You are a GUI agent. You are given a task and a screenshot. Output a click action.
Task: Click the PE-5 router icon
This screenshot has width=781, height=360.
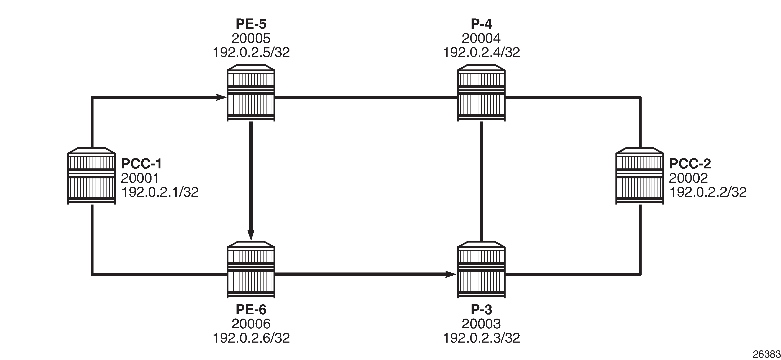pyautogui.click(x=251, y=93)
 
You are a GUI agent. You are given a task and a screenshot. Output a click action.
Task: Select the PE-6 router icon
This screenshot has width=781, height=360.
pyautogui.click(x=251, y=270)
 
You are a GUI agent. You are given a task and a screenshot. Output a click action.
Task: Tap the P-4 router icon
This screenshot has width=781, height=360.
pyautogui.click(x=481, y=93)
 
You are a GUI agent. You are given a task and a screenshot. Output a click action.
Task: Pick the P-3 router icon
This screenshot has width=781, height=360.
pyautogui.click(x=481, y=270)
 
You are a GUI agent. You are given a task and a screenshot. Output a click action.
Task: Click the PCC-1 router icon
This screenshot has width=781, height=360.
pyautogui.click(x=91, y=176)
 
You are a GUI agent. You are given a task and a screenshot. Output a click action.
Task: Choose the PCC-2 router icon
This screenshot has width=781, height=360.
pyautogui.click(x=640, y=176)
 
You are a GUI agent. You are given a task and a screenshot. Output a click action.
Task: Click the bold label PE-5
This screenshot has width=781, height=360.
pyautogui.click(x=251, y=24)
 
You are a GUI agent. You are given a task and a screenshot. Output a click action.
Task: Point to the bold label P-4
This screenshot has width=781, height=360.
pyautogui.click(x=481, y=24)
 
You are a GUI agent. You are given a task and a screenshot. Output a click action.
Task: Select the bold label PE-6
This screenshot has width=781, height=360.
pyautogui.click(x=251, y=310)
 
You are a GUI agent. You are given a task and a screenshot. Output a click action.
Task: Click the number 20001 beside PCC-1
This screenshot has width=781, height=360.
pyautogui.click(x=140, y=178)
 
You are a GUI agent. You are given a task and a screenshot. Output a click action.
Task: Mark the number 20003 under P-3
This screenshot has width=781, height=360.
pyautogui.click(x=481, y=324)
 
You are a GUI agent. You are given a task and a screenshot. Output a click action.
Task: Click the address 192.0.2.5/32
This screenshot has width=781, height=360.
pyautogui.click(x=251, y=52)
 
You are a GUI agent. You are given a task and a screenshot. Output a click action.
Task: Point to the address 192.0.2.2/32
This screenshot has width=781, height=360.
pyautogui.click(x=708, y=192)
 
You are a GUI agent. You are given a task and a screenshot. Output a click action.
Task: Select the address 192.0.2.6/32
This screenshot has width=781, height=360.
pyautogui.click(x=251, y=338)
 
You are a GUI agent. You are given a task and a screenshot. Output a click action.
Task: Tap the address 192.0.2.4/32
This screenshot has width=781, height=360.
pyautogui.click(x=481, y=52)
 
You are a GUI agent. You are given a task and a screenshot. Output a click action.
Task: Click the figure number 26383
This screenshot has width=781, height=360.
pyautogui.click(x=767, y=354)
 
